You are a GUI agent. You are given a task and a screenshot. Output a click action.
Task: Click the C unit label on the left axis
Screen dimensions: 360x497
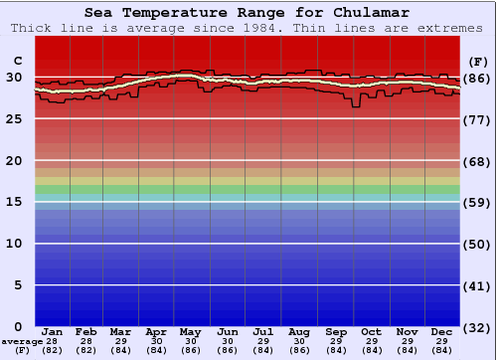coord(16,61)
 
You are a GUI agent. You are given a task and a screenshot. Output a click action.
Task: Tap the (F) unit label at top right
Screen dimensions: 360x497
coord(478,61)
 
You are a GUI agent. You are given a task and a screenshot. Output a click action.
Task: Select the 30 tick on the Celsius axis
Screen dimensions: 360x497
coord(14,78)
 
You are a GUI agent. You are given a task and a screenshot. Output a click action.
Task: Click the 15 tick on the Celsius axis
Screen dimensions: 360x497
coord(14,202)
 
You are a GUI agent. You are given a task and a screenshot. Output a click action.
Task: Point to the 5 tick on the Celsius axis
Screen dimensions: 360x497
coord(18,285)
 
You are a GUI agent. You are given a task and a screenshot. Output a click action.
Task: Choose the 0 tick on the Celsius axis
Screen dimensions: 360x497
coord(18,326)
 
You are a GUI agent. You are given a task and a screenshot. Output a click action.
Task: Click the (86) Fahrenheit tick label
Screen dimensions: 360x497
coord(478,79)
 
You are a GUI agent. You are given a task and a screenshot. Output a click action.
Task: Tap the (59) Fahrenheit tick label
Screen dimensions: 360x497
coord(478,203)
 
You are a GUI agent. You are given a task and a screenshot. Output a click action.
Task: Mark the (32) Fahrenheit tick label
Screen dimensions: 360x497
coord(478,327)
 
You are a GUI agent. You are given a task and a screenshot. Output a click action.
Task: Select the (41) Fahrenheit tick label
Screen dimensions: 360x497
coord(478,286)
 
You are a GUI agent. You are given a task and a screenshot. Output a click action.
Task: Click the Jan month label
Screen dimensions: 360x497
coord(53,331)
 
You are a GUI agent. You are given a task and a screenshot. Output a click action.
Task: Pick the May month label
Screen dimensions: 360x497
coord(192,331)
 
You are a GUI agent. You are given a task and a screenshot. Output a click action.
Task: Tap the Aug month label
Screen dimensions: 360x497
coord(298,331)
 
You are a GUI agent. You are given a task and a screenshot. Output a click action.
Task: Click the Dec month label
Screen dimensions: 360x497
coord(442,331)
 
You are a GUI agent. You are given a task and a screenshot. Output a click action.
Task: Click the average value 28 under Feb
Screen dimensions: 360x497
coord(86,341)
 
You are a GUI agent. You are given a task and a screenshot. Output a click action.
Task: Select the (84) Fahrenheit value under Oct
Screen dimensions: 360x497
coord(371,350)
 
